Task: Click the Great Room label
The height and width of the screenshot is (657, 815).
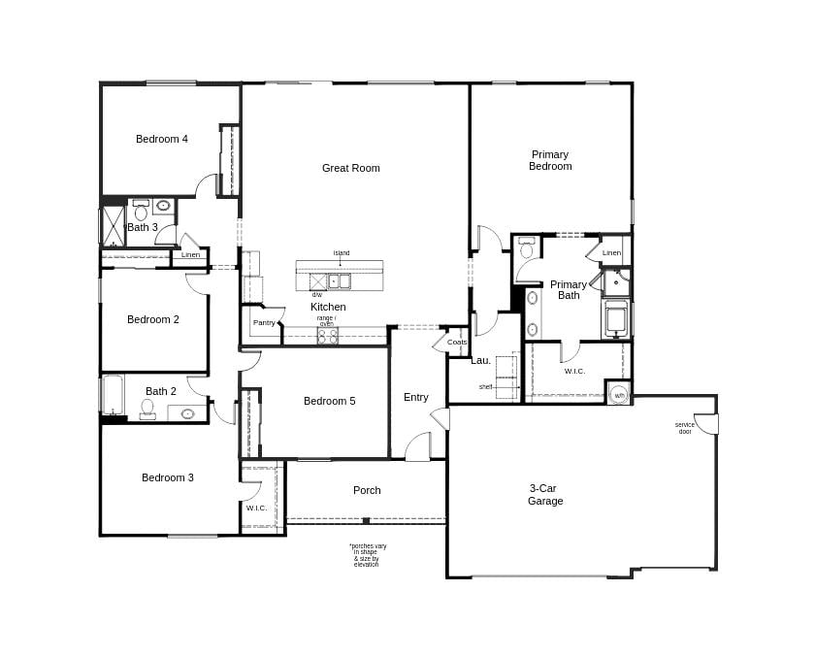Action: [350, 168]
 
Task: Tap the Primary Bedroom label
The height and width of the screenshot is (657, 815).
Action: [550, 160]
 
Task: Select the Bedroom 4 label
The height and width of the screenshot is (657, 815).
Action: [162, 139]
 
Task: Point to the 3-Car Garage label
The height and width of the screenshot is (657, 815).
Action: [545, 495]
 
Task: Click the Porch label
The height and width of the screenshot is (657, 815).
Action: [367, 490]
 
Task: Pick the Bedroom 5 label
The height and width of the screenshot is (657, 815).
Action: [329, 401]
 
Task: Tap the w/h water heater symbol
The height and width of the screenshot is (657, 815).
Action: [619, 395]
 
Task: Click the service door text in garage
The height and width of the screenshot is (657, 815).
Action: [685, 427]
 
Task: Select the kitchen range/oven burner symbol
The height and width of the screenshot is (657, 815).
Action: [328, 336]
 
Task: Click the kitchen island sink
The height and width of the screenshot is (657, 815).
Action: [339, 281]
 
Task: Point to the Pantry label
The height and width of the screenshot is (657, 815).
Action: [264, 322]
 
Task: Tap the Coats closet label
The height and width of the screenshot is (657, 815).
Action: [457, 342]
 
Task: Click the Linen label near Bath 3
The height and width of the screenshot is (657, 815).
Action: [190, 254]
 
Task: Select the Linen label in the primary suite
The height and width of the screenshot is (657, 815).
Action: [611, 252]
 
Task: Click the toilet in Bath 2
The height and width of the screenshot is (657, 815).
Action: [147, 409]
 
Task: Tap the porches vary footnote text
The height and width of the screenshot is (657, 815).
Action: [368, 554]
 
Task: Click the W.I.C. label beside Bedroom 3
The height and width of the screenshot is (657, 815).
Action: [256, 508]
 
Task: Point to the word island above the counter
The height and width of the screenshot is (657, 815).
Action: [342, 253]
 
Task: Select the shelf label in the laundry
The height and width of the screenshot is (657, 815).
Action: [485, 386]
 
